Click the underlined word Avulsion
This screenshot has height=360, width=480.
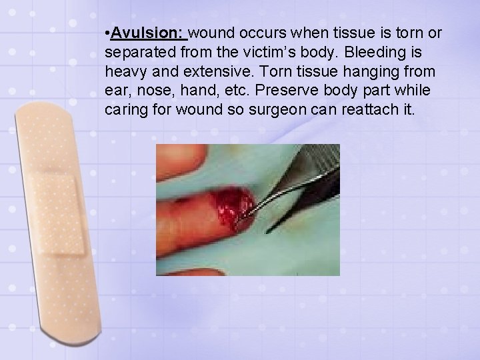(x=148, y=33)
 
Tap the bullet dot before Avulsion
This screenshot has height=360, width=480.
(x=107, y=33)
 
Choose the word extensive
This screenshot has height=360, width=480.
(x=219, y=71)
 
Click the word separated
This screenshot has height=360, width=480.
(x=137, y=52)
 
